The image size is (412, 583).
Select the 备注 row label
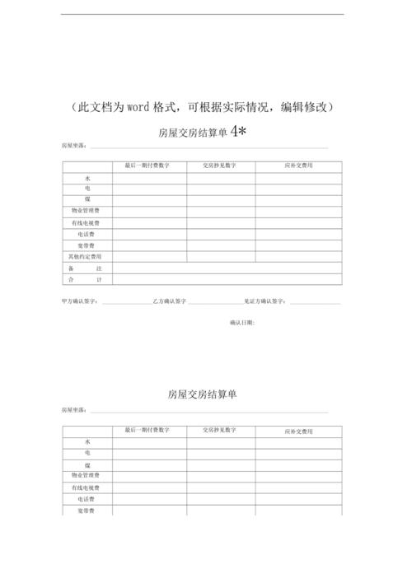point(87,268)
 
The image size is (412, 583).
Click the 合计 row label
point(87,280)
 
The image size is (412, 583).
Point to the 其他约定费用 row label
point(87,257)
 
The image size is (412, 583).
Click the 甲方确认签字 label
point(80,301)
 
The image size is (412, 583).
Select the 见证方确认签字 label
point(265,301)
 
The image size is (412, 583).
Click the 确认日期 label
point(242,322)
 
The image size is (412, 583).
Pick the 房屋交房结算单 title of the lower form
point(202,394)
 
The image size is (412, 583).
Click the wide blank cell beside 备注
point(227,268)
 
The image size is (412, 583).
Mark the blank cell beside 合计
point(227,280)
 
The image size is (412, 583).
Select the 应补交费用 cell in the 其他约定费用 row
point(298,257)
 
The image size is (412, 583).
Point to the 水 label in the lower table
point(87,442)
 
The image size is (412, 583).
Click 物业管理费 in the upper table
point(87,212)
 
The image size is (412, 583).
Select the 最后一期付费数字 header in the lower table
point(147,431)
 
